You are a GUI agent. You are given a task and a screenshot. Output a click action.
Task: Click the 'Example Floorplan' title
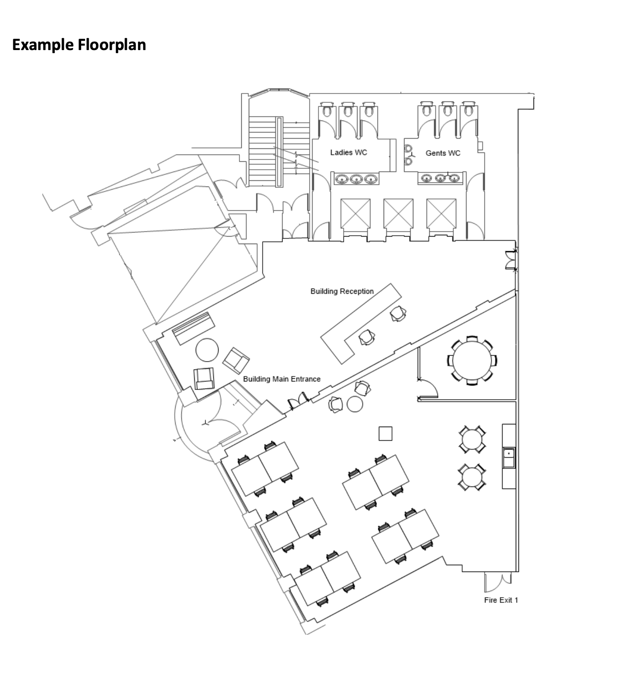pyautogui.click(x=79, y=45)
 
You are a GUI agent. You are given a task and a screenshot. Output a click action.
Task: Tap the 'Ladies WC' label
pyautogui.click(x=349, y=152)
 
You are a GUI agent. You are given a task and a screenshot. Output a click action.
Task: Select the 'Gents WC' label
pyautogui.click(x=443, y=153)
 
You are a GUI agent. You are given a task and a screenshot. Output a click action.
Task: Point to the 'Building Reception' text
pyautogui.click(x=342, y=291)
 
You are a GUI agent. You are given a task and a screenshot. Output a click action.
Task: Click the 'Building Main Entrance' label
pyautogui.click(x=282, y=379)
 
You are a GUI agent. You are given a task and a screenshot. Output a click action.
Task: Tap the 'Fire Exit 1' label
pyautogui.click(x=501, y=600)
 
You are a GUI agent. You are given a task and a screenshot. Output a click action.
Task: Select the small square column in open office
pyautogui.click(x=385, y=433)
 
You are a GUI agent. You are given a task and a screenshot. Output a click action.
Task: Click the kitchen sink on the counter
pyautogui.click(x=509, y=457)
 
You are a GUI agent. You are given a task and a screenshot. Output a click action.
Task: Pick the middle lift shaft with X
pyautogui.click(x=398, y=213)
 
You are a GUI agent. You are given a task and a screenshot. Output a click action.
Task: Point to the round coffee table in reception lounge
pyautogui.click(x=207, y=350)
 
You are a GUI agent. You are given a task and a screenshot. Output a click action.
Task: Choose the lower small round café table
pyautogui.click(x=471, y=477)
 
